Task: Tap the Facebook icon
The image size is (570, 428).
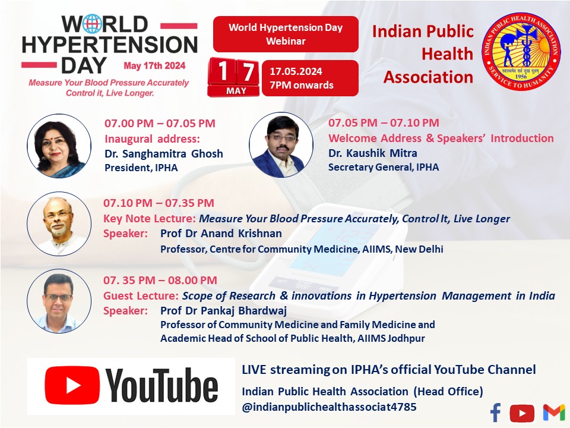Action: [x=496, y=412]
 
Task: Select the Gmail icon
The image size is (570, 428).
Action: [x=553, y=412]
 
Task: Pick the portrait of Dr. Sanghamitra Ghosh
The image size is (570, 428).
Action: [x=58, y=145]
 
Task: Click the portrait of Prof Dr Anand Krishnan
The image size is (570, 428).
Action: [x=58, y=224]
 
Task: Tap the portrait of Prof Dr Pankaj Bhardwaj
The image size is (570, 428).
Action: [x=58, y=301]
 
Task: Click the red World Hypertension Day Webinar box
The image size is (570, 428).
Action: [x=286, y=34]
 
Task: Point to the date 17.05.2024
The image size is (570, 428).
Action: [x=296, y=71]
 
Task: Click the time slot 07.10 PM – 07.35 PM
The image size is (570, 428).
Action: [x=159, y=203]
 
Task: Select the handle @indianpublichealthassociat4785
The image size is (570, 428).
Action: [x=329, y=407]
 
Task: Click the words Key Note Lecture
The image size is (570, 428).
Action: [x=150, y=219]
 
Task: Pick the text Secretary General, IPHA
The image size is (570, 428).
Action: [x=384, y=167]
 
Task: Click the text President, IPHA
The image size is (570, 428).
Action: [x=141, y=168]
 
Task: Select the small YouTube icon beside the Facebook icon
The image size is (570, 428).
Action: [x=522, y=413]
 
